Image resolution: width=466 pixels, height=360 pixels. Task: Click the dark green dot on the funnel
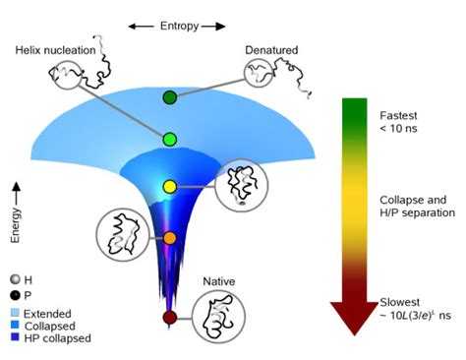pyautogui.click(x=170, y=97)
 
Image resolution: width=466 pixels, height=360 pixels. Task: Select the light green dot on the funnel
pyautogui.click(x=169, y=140)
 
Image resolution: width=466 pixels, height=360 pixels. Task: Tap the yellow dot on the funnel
pyautogui.click(x=169, y=186)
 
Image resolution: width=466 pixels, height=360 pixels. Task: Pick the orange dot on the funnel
pyautogui.click(x=169, y=238)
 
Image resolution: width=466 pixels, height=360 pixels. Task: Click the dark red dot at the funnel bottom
pyautogui.click(x=169, y=317)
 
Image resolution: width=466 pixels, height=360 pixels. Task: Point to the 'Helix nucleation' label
pyautogui.click(x=56, y=49)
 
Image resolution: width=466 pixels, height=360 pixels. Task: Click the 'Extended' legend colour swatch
pyautogui.click(x=14, y=312)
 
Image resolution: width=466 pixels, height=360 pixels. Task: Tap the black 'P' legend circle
pyautogui.click(x=13, y=294)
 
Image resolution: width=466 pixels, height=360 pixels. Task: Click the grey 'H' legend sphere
pyautogui.click(x=13, y=279)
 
